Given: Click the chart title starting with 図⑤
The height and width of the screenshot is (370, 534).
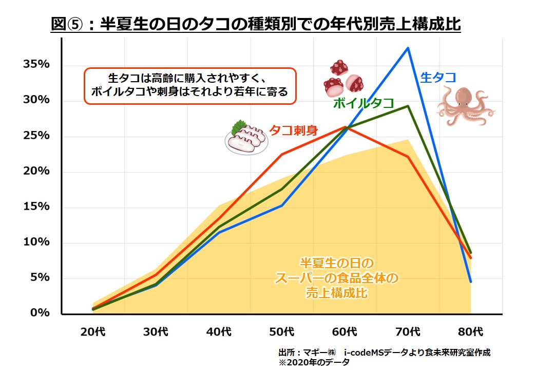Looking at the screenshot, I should pos(256,24).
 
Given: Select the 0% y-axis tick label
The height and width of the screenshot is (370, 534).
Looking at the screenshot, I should pos(39,312).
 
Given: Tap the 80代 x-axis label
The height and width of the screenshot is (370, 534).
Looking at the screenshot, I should pos(470,331).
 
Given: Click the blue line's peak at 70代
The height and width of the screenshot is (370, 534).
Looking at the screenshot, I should pos(408,48).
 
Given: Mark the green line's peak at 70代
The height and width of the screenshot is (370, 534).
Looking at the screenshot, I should pos(408,106).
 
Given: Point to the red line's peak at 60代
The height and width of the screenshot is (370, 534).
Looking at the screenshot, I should pos(345,127).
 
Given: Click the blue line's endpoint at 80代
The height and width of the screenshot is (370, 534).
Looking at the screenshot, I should pos(470,281).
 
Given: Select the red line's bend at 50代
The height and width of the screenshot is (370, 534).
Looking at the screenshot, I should pos(282,154).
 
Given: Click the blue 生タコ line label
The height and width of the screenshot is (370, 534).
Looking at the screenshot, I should pos(438,77).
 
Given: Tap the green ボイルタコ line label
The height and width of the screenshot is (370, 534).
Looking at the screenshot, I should pos(364,103).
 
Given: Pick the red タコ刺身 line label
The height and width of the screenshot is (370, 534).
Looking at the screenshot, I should pos(294,130).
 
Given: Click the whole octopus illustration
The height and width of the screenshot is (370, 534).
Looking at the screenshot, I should pos(465,105).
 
